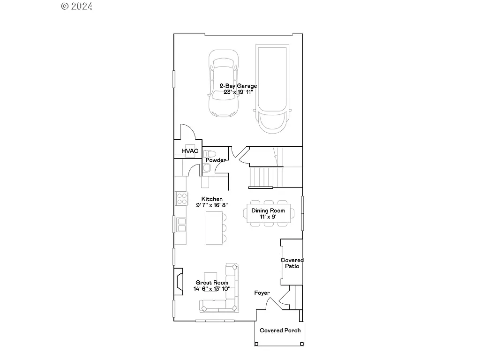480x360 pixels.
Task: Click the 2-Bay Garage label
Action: pos(238,86)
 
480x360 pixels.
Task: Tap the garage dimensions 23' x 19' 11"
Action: pos(238,92)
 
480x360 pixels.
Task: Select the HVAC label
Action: pos(190,151)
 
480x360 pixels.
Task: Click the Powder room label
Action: pos(215,160)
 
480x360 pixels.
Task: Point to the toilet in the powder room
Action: pos(210,153)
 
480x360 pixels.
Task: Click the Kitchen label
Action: pos(212,199)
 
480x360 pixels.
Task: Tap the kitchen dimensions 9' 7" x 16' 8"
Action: pos(212,205)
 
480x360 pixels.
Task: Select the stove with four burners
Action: pos(181,198)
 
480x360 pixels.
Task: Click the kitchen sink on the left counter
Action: pos(181,225)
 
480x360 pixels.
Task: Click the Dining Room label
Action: pos(268,211)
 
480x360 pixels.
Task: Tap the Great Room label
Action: pos(212,283)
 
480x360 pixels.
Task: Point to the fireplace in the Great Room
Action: pos(179,281)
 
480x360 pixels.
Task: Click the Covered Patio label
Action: pos(292,263)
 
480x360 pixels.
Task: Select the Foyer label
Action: pos(262,293)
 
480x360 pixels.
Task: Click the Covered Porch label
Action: pos(280,330)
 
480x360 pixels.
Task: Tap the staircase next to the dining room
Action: pos(261,177)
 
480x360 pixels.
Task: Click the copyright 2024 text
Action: pos(77,6)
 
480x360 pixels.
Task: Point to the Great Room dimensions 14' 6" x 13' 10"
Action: pos(212,289)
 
